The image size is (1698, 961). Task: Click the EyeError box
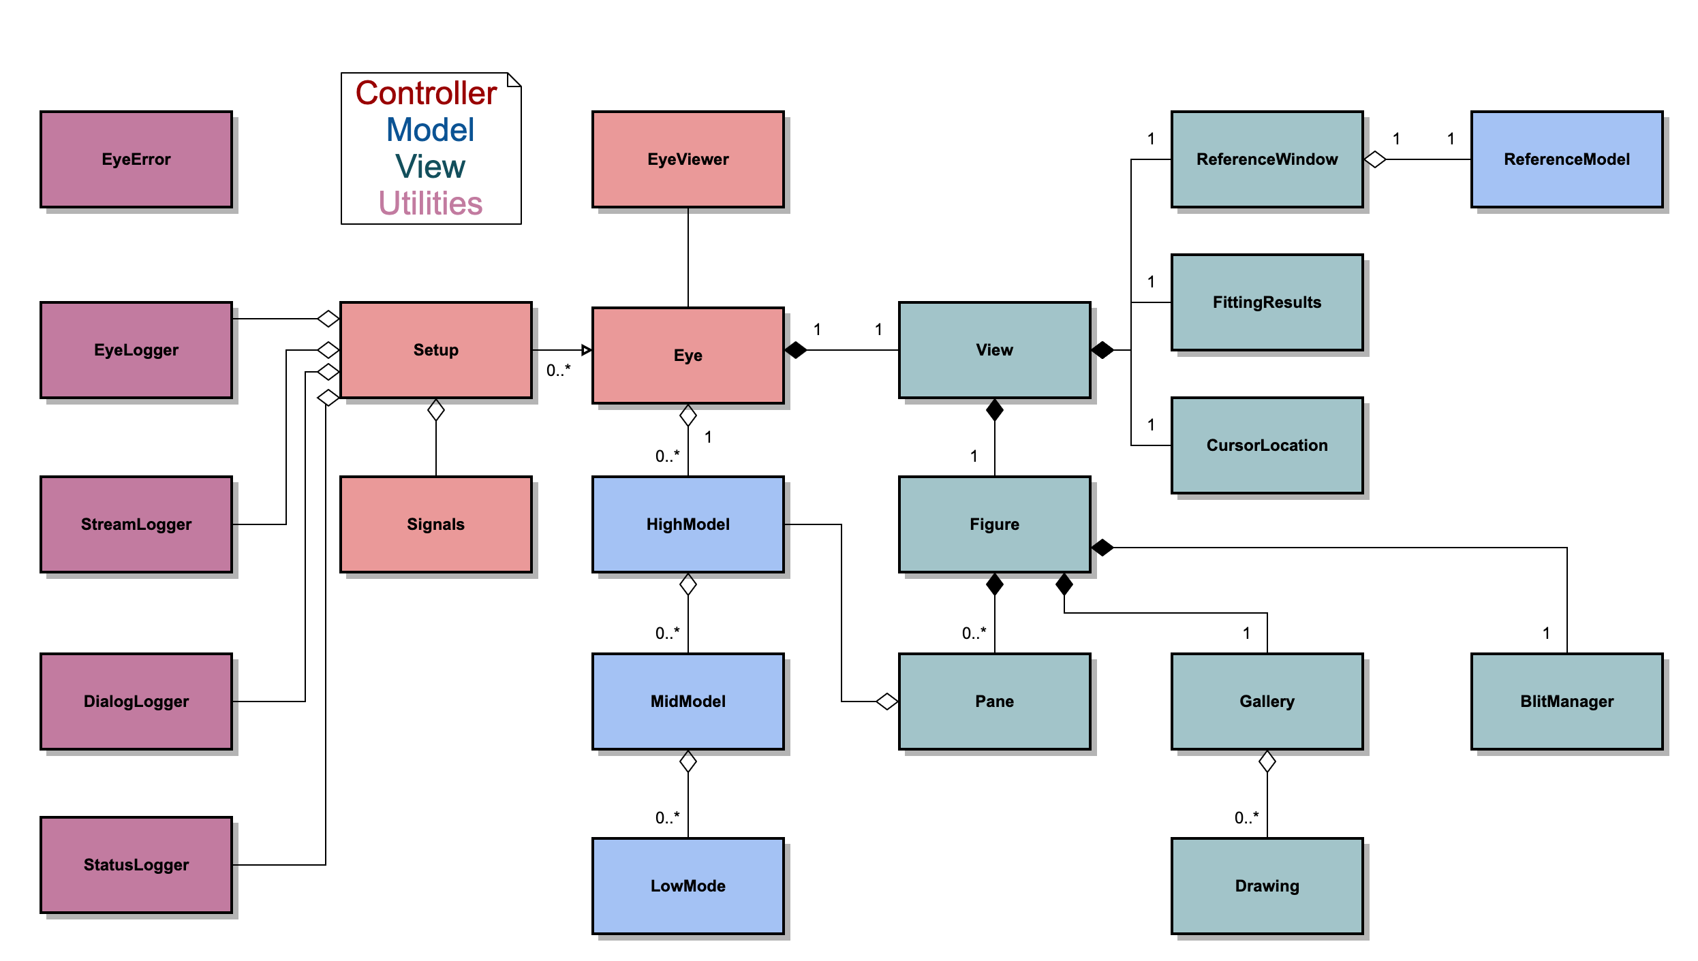(136, 159)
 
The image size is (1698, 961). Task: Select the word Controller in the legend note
(426, 93)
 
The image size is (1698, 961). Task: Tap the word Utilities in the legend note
(430, 204)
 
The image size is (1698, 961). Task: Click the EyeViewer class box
(688, 159)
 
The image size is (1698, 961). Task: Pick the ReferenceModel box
(1566, 159)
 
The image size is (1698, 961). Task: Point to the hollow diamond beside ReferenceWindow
(1375, 159)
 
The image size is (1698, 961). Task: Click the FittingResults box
(1267, 302)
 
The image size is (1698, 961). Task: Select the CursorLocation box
(1267, 445)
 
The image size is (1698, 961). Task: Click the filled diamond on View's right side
(1102, 350)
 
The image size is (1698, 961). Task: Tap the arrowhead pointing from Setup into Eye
(586, 350)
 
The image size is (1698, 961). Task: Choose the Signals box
(435, 524)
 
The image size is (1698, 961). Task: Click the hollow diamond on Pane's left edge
(886, 702)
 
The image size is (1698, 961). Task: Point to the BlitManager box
(1566, 702)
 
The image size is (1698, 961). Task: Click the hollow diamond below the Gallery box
(1267, 761)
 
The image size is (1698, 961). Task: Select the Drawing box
(1267, 885)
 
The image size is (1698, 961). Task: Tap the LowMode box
(688, 885)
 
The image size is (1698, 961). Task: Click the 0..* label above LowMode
(667, 817)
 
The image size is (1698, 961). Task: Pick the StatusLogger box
(136, 865)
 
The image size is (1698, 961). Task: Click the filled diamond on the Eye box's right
(795, 350)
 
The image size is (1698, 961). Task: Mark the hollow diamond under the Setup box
(435, 410)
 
